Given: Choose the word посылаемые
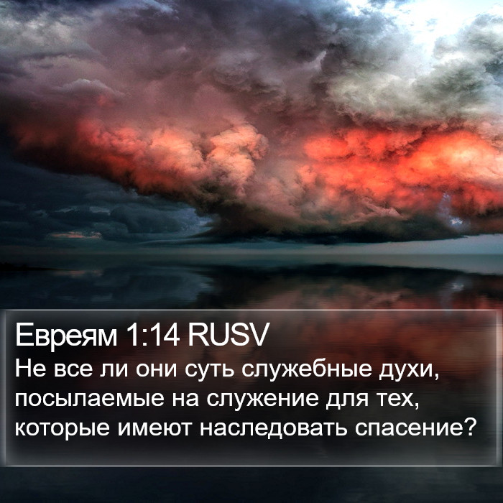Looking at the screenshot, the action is click(x=90, y=399).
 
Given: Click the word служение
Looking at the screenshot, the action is click(x=262, y=399).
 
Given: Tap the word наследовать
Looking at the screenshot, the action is click(x=273, y=428).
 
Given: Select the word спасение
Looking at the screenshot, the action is click(x=410, y=428).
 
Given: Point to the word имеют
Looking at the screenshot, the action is click(x=154, y=428).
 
